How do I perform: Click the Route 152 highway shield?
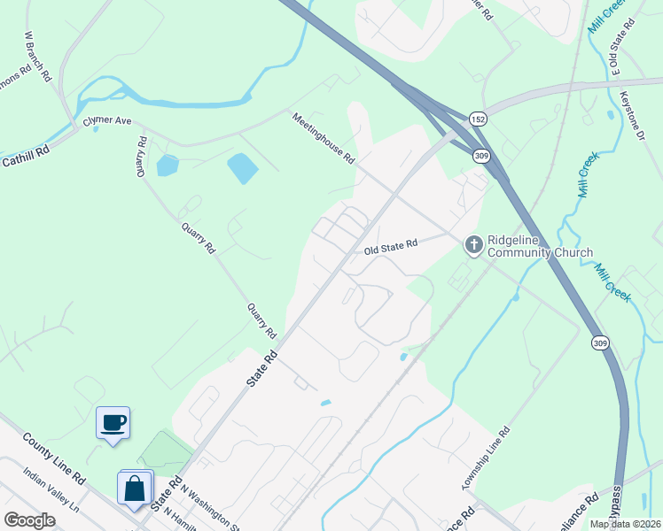[x=478, y=119]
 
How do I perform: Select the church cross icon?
[x=473, y=243]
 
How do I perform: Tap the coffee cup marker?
[x=113, y=422]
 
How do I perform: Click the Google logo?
[x=30, y=520]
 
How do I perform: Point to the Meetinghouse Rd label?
[x=324, y=138]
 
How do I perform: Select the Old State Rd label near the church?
[x=390, y=250]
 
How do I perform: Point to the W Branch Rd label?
[x=37, y=58]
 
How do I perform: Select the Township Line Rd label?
[x=486, y=459]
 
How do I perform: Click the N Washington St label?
[x=211, y=507]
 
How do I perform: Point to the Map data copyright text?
[x=625, y=524]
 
